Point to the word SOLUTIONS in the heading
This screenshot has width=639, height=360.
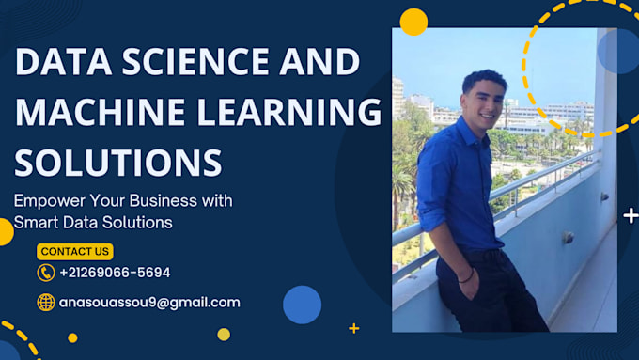117,162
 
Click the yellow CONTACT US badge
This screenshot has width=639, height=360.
75,251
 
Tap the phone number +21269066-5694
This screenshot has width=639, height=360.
115,273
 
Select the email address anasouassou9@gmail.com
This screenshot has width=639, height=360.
149,303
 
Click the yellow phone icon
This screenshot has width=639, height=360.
45,273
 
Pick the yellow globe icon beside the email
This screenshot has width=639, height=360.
45,303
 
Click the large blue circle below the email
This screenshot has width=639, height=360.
302,305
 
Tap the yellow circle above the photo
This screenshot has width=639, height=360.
413,21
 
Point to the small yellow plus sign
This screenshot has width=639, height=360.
353,328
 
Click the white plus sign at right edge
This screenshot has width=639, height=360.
631,216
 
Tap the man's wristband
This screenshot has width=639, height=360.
466,275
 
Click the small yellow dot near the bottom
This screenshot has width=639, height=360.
224,334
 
